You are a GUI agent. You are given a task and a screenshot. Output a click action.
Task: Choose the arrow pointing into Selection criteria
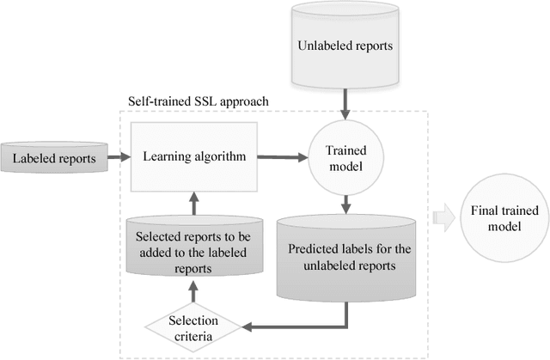pyautogui.click(x=292, y=326)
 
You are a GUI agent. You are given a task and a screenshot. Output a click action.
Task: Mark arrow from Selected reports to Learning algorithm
pyautogui.click(x=192, y=203)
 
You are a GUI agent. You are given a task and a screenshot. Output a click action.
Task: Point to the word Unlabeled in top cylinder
pyautogui.click(x=322, y=46)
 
